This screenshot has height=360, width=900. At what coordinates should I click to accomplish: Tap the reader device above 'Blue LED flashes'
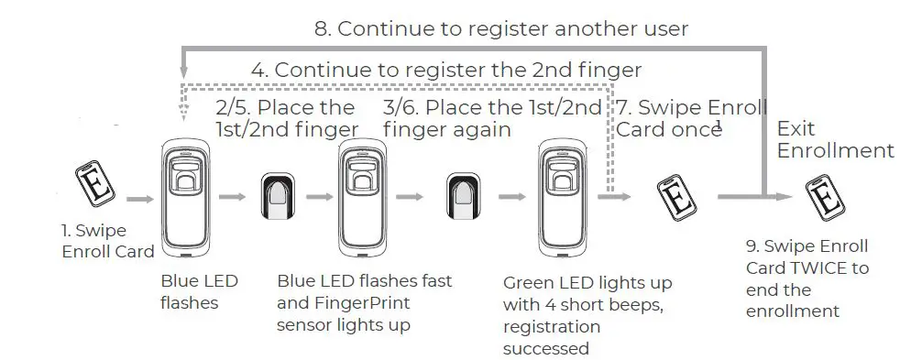point(187,198)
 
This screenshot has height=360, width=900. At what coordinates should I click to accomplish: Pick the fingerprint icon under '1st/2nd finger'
point(279,196)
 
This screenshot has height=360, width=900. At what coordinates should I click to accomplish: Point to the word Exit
point(796,129)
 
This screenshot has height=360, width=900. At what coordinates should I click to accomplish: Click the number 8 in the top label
point(321,28)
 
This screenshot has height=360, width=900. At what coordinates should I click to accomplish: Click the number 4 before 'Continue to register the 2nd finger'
point(258,71)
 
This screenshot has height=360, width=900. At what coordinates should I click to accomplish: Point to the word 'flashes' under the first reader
point(190,302)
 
